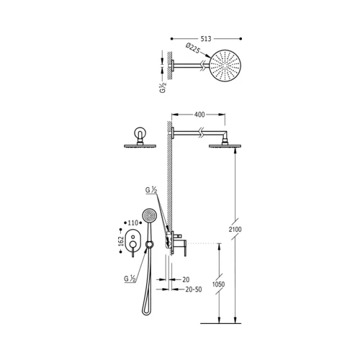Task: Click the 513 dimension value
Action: [x=206, y=39]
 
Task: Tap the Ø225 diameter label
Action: [x=193, y=49]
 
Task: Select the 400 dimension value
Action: [x=199, y=114]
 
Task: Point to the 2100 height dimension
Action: [x=235, y=230]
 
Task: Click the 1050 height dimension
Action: [x=219, y=284]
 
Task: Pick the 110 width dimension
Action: [x=132, y=223]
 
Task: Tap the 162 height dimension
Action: [x=121, y=241]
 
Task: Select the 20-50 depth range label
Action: [x=194, y=289]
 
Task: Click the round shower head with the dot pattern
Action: [x=225, y=66]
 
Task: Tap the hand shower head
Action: [x=149, y=215]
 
